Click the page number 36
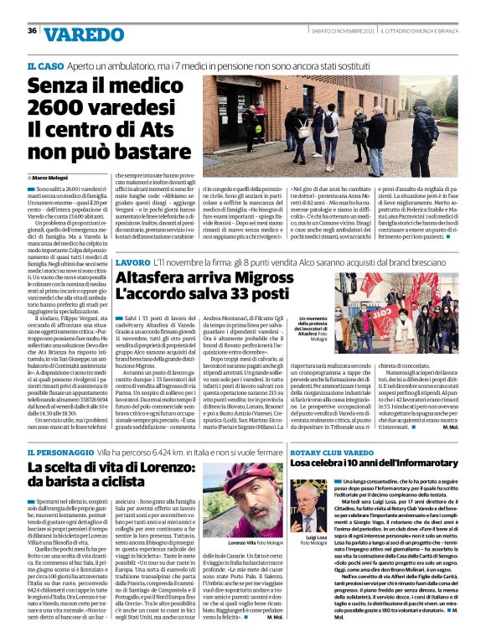click(x=32, y=31)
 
